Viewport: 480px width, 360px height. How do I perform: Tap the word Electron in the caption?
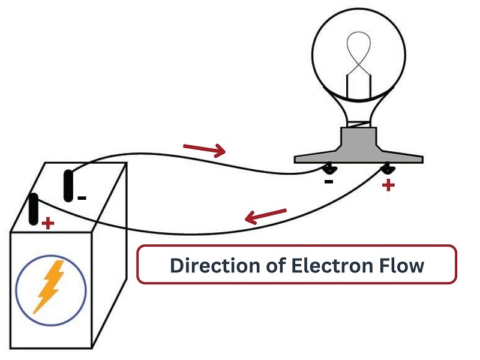tap(332, 265)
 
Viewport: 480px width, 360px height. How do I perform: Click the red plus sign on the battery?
tap(48, 223)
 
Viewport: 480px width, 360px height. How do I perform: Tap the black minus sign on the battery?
tap(82, 199)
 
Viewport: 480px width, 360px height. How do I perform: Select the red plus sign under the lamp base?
tap(388, 185)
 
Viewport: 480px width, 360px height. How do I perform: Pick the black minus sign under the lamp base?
tap(328, 182)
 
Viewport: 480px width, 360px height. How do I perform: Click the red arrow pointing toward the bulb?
tap(204, 149)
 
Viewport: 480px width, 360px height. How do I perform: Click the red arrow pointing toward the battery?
tap(266, 216)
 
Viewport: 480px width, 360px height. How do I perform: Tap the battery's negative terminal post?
tap(68, 186)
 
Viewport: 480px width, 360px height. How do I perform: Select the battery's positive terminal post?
tap(34, 209)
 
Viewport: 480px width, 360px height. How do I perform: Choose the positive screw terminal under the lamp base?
tap(388, 167)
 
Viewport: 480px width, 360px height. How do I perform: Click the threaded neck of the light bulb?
tap(358, 124)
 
